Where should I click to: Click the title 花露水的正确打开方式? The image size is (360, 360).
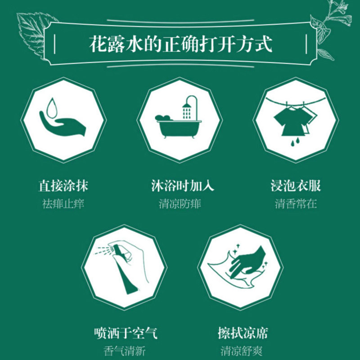coord(180,45)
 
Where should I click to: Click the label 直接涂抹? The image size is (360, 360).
coord(63,185)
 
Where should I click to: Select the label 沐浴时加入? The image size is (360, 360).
coord(180,185)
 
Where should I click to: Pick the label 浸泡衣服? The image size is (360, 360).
coord(296,185)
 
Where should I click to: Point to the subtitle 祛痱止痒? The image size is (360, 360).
coord(63,203)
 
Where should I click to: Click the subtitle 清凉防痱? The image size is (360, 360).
coord(180,203)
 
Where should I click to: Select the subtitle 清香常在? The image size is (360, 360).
coord(296,203)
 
